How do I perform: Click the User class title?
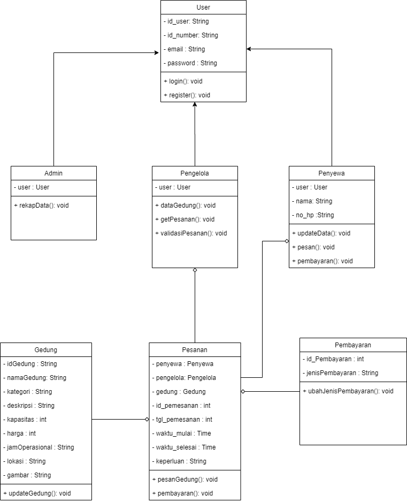[203, 7]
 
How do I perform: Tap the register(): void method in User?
[187, 95]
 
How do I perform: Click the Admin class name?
[53, 173]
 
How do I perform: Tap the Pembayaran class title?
[353, 345]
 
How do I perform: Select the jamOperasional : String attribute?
[39, 447]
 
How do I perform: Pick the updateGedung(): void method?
[37, 493]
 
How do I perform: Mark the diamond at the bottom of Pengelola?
[195, 270]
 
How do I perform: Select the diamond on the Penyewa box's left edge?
[286, 241]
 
